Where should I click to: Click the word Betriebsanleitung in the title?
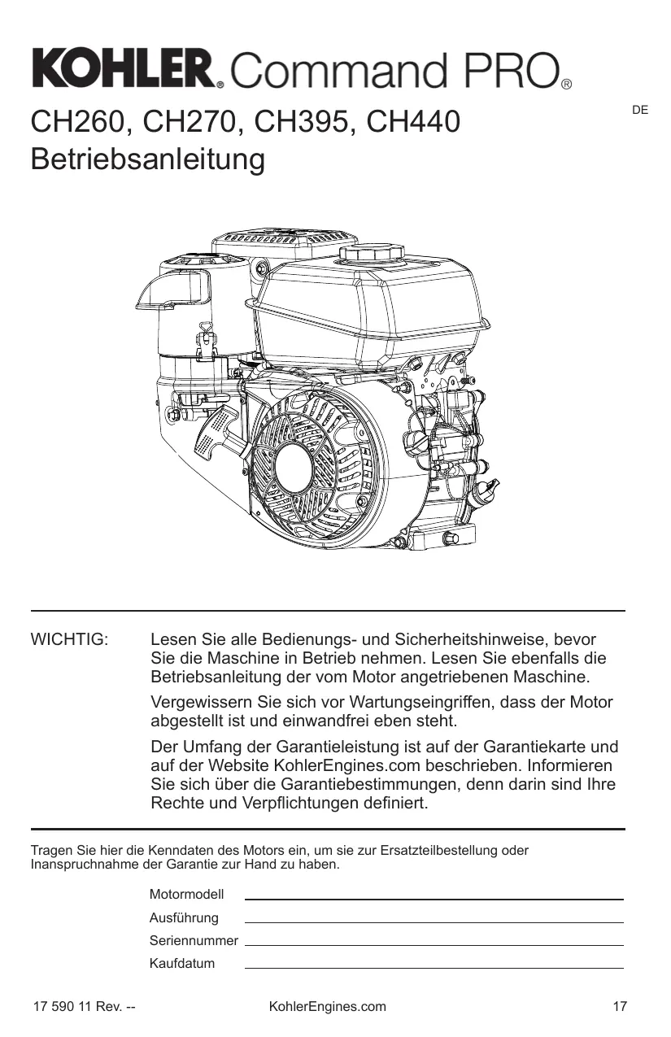[x=147, y=159]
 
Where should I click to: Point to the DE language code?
[x=640, y=109]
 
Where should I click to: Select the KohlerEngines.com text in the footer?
[x=327, y=1007]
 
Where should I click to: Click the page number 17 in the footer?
[x=620, y=1007]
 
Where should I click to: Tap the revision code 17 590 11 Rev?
[x=83, y=1007]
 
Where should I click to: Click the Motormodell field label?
[x=186, y=895]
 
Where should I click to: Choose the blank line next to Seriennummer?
[x=434, y=944]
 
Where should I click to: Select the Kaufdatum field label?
[x=182, y=964]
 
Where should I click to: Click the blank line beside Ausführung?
[x=434, y=922]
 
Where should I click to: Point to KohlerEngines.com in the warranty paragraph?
[x=345, y=766]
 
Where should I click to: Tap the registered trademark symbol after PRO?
[x=567, y=84]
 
